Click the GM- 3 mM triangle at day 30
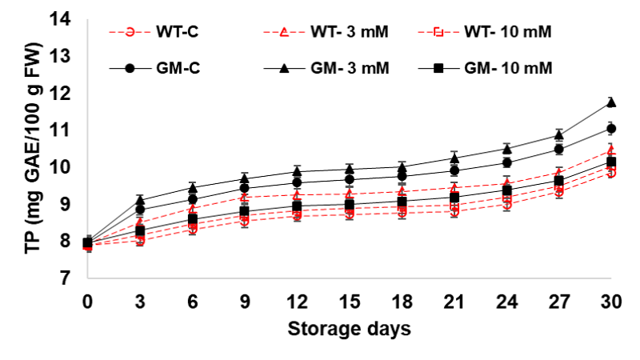(x=611, y=102)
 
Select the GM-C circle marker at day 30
(x=611, y=129)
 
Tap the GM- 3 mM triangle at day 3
(x=140, y=200)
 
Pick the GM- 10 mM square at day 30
(x=611, y=162)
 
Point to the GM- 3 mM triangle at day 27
(x=559, y=134)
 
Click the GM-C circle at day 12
(x=297, y=182)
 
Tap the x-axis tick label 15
(x=350, y=302)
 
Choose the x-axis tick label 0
(x=88, y=302)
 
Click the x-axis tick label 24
(x=506, y=302)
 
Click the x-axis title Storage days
(x=350, y=329)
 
